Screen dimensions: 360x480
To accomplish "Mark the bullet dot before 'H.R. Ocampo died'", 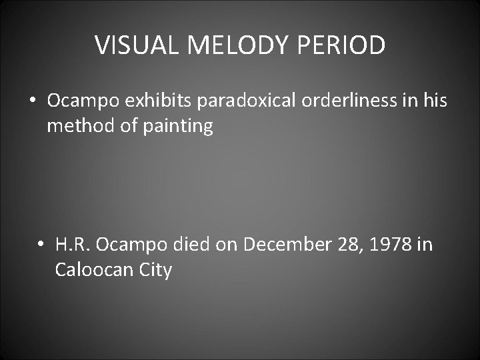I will pos(41,245).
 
